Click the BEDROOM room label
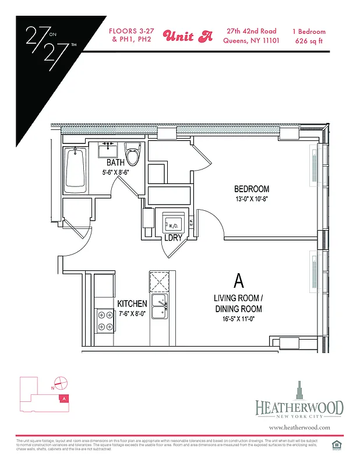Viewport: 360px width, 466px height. [251, 189]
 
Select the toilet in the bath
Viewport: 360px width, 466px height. [133, 156]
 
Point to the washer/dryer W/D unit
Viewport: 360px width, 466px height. [174, 224]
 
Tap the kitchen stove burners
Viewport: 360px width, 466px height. [105, 321]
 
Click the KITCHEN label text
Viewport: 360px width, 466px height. [132, 304]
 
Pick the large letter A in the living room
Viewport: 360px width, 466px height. [238, 281]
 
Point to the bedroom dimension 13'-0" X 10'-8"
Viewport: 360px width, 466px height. [251, 199]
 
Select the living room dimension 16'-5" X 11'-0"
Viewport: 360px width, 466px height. [237, 319]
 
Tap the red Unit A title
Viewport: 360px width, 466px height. [188, 36]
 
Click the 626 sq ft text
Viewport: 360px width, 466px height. [310, 41]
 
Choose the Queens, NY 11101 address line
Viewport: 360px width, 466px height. [252, 41]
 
